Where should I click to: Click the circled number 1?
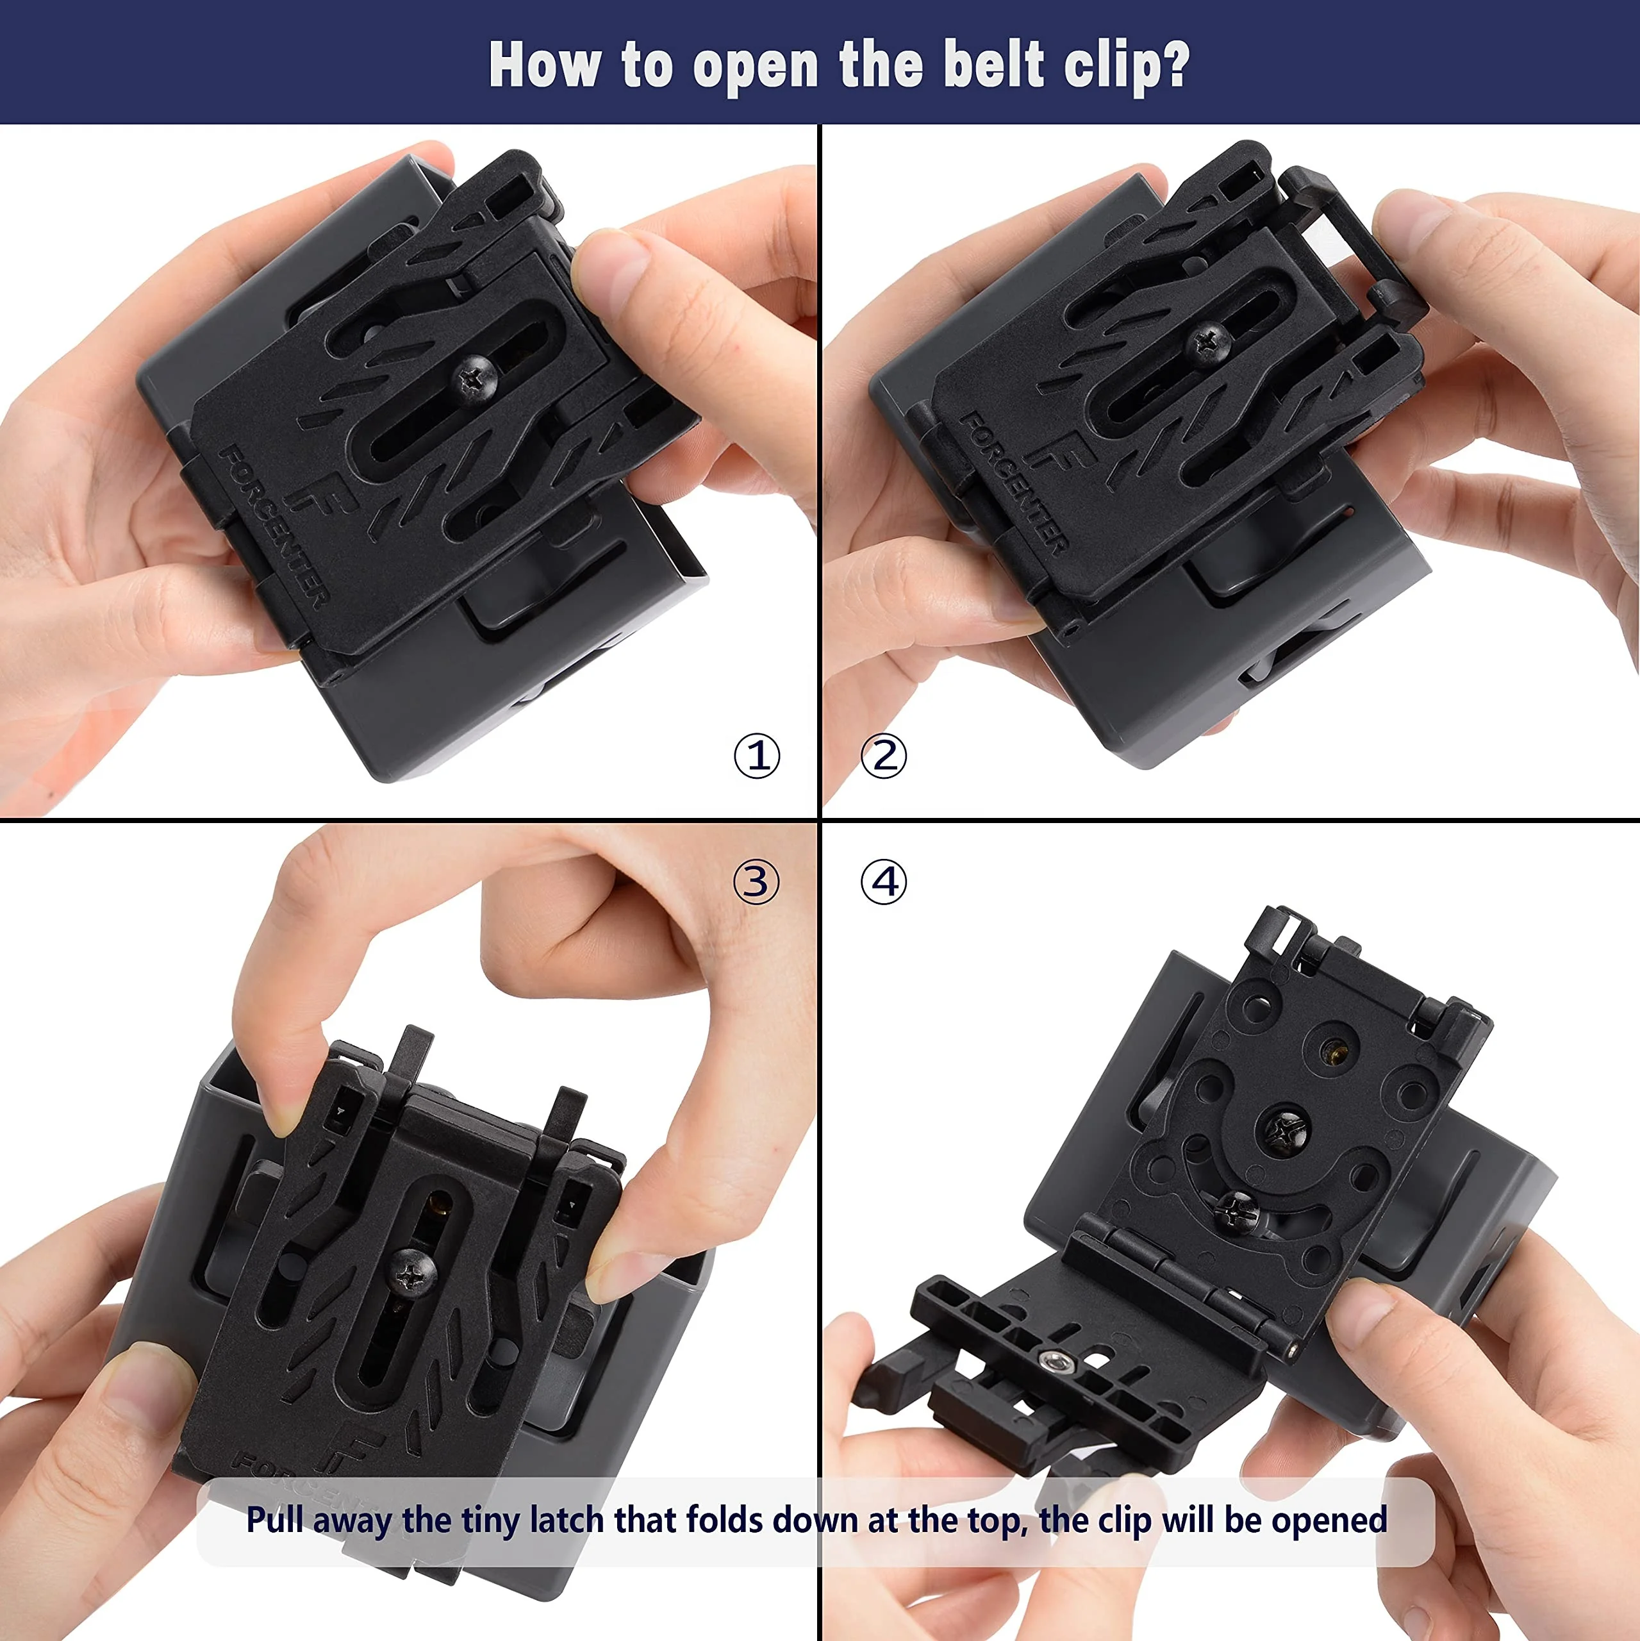(756, 755)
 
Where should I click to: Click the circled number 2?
(883, 755)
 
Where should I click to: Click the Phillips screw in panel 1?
(474, 378)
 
